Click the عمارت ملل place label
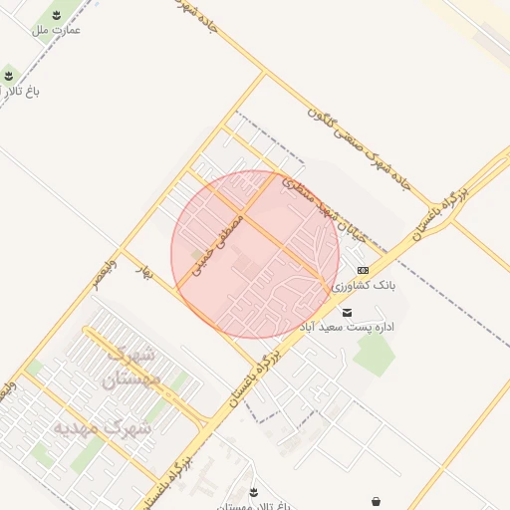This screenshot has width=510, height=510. tap(56, 30)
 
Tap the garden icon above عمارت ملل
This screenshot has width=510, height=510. tap(57, 15)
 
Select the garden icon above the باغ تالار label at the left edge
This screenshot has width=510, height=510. tap(9, 75)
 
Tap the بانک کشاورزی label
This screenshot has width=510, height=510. tap(365, 286)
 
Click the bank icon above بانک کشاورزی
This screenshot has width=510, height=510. tap(362, 270)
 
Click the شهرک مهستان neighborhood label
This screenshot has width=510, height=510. tap(131, 367)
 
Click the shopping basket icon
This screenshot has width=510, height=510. tap(376, 500)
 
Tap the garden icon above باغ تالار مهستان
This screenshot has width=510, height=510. tap(254, 492)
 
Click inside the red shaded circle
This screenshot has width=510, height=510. tap(255, 254)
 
